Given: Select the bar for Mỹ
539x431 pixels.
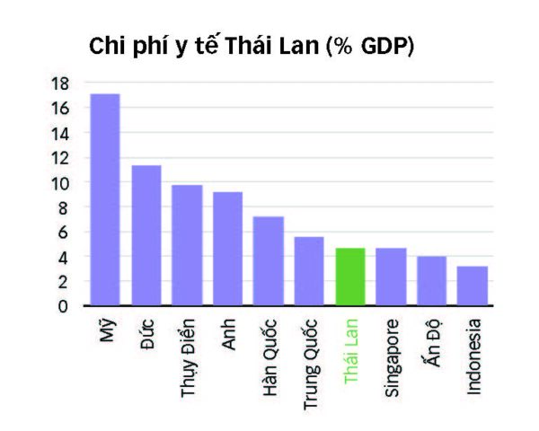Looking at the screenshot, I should (x=105, y=199).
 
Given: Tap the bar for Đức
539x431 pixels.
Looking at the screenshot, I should (x=146, y=235).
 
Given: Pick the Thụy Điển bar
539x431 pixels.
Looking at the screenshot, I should (x=187, y=245).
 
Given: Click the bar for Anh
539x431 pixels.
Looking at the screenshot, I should (x=227, y=249).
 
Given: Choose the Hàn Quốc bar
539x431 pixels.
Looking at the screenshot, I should (x=269, y=261).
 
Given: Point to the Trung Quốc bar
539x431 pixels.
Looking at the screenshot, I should (x=309, y=271).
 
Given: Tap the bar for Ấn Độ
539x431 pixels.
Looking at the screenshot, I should (x=431, y=281).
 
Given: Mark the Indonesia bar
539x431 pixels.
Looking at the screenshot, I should (x=473, y=286).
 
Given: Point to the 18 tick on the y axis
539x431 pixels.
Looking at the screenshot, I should (x=60, y=84).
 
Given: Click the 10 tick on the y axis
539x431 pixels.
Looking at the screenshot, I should (x=60, y=182).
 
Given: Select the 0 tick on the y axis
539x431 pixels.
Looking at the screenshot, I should (x=64, y=306).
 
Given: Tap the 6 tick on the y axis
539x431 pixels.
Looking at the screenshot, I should (x=64, y=232).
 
